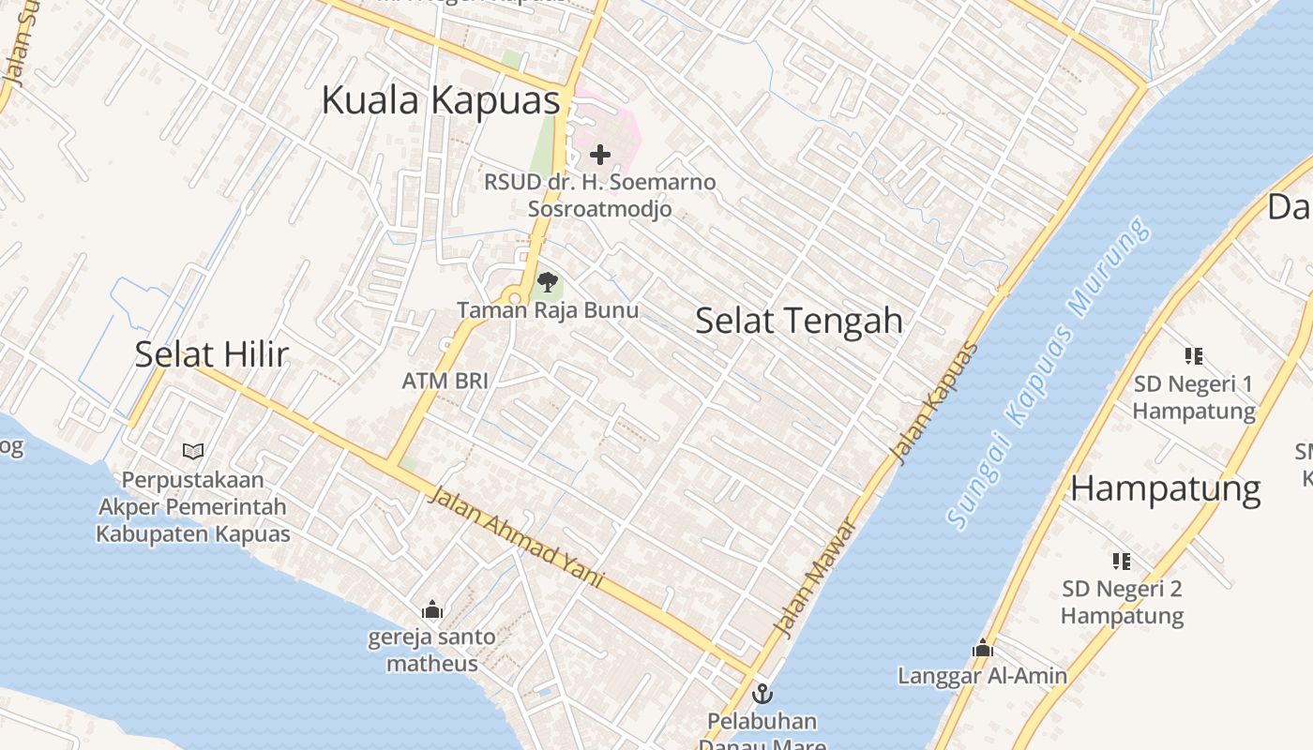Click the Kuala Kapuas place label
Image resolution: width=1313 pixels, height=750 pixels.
pos(441,100)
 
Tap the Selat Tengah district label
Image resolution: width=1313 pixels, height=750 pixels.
pos(799,321)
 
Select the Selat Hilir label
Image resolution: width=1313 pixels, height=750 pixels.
pos(211,354)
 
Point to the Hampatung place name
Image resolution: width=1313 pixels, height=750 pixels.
pos(1166,488)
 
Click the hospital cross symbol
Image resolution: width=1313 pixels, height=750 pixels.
pos(600,155)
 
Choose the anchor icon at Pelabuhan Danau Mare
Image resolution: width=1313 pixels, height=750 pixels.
pos(762,695)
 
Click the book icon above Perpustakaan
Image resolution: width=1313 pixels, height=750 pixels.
pos(193,451)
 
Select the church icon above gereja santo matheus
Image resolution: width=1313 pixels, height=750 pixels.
pos(432,610)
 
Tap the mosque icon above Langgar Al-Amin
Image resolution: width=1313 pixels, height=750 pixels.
pos(983,648)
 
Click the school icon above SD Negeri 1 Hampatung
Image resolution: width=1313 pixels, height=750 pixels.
pos(1194,356)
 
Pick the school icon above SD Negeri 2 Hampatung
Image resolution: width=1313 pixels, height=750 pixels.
pos(1122,562)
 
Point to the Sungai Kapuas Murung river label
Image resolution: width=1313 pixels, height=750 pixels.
pos(1049,374)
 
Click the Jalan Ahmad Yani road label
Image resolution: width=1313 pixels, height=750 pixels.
pos(515,537)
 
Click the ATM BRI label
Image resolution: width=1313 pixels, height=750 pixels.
pos(445,381)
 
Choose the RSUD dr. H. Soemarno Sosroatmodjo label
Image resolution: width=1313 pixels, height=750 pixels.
pos(600,195)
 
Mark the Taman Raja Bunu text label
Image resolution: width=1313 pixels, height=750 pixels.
pos(548,310)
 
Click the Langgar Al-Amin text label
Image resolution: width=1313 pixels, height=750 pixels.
pos(983,676)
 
